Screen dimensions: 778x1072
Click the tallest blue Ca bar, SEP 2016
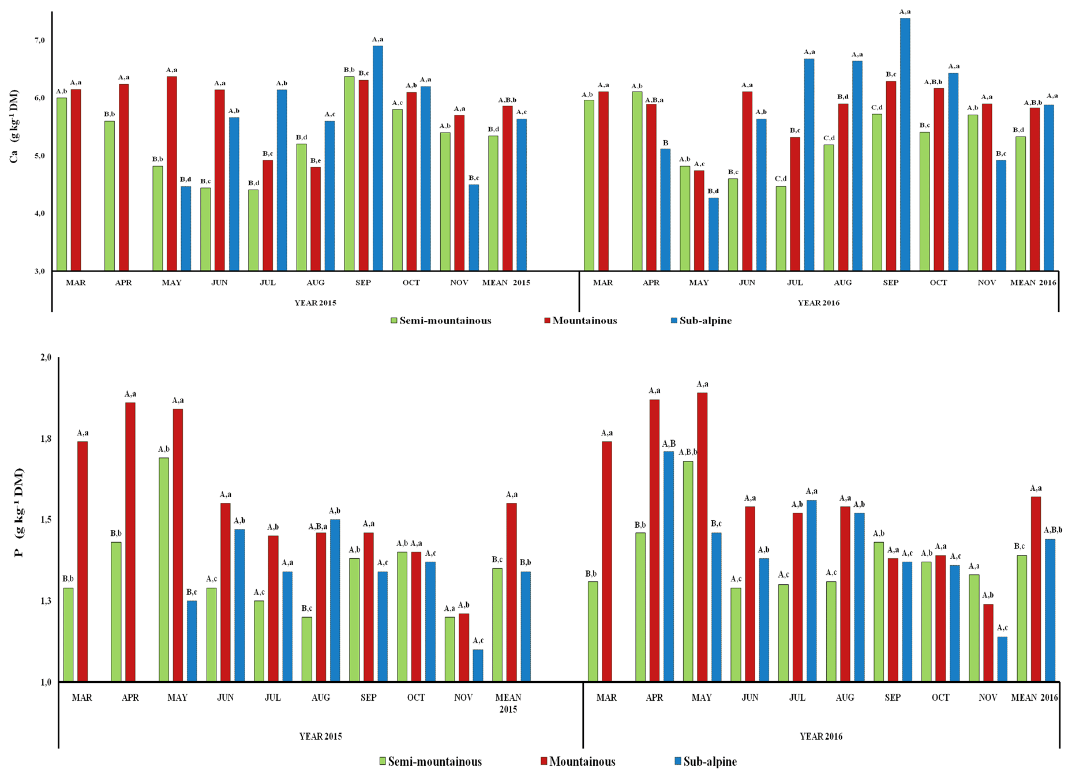[x=905, y=144]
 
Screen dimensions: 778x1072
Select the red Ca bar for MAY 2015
[x=172, y=173]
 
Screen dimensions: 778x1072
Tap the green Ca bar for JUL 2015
[x=253, y=230]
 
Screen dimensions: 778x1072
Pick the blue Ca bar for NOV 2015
[x=474, y=228]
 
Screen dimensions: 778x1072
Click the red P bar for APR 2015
[x=130, y=542]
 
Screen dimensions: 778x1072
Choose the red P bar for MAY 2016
[x=702, y=537]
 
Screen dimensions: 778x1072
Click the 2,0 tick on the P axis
[x=46, y=358]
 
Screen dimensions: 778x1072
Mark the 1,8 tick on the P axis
[x=46, y=439]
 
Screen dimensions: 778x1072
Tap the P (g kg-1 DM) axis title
[x=19, y=512]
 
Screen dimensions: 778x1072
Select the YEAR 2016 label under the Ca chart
[x=819, y=303]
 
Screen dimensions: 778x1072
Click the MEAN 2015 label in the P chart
[x=508, y=703]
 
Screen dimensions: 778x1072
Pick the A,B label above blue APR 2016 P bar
[x=669, y=444]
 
